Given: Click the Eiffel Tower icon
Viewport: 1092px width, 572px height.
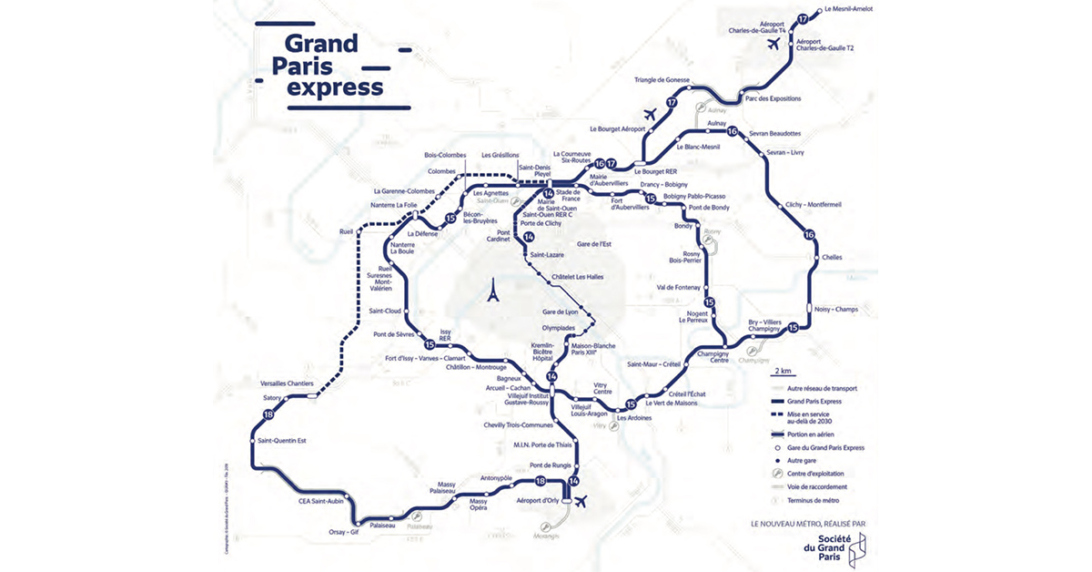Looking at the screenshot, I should click(492, 291).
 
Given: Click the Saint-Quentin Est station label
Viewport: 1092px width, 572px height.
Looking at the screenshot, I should click(283, 441).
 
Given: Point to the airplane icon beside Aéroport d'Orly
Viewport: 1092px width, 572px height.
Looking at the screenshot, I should click(581, 500).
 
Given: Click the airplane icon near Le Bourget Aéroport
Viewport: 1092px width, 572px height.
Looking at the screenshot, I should click(650, 115).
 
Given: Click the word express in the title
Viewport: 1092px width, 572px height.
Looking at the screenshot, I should click(334, 87).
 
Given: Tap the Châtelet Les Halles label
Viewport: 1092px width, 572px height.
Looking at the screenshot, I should click(577, 277).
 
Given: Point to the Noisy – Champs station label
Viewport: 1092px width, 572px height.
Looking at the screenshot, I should click(834, 310).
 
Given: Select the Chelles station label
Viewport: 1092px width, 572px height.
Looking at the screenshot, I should click(832, 257).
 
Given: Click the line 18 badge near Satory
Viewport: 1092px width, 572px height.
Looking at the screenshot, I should click(268, 415).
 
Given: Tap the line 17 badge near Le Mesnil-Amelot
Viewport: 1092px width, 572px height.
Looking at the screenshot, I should click(802, 19).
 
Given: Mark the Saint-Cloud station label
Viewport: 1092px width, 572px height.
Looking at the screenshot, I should click(385, 311).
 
